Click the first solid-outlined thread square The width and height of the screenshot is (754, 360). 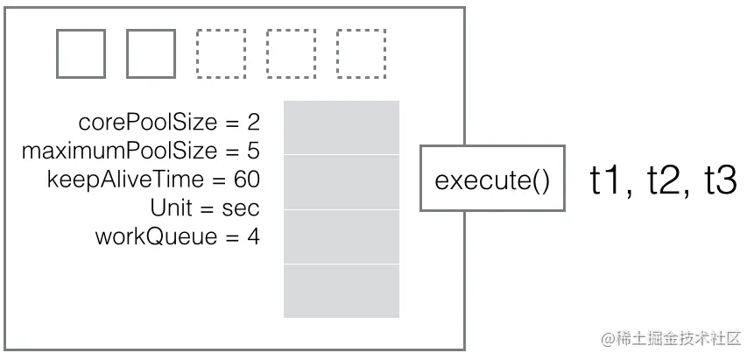click(x=81, y=53)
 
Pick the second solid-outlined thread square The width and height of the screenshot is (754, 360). click(x=151, y=53)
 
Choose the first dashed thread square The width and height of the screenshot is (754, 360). click(x=221, y=53)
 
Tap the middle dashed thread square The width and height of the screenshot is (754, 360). click(x=291, y=53)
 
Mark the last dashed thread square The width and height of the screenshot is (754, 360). click(x=361, y=53)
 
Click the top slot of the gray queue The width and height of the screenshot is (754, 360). click(x=341, y=128)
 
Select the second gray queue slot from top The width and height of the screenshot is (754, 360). click(x=341, y=182)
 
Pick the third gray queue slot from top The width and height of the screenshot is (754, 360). click(x=341, y=236)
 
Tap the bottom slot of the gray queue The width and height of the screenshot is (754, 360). click(x=341, y=291)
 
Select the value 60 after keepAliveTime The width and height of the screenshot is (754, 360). click(x=247, y=180)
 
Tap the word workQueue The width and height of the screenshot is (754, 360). click(x=156, y=236)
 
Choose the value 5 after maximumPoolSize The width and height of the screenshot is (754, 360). click(x=254, y=151)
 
